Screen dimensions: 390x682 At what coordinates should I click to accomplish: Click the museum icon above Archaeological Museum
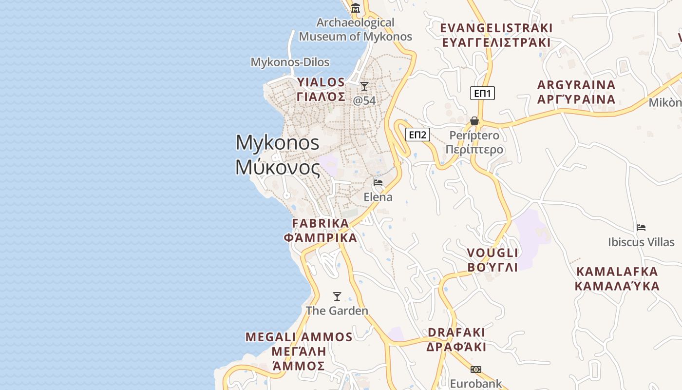pyautogui.click(x=356, y=8)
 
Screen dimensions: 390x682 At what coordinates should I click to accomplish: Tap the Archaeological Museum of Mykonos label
pyautogui.click(x=355, y=30)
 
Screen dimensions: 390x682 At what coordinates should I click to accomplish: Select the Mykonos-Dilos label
pyautogui.click(x=290, y=62)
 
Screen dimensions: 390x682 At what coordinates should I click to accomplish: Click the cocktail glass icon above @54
pyautogui.click(x=364, y=86)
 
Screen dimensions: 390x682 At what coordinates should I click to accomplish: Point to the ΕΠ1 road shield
pyautogui.click(x=482, y=93)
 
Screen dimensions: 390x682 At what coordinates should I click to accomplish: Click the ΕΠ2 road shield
pyautogui.click(x=417, y=135)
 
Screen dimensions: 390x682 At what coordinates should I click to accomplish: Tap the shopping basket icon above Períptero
pyautogui.click(x=474, y=121)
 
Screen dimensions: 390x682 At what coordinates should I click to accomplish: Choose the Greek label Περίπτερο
pyautogui.click(x=474, y=149)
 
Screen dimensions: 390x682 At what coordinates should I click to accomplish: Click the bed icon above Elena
pyautogui.click(x=378, y=183)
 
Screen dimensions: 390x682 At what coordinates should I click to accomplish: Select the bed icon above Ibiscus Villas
pyautogui.click(x=641, y=228)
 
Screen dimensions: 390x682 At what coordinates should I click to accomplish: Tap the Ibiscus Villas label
pyautogui.click(x=641, y=242)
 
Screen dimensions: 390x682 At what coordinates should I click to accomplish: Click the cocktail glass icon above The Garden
pyautogui.click(x=337, y=296)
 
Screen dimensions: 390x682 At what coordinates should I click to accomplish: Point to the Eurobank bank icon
pyautogui.click(x=476, y=370)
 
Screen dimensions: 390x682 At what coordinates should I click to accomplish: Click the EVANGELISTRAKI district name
pyautogui.click(x=496, y=28)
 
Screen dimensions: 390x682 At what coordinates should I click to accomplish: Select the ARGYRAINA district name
pyautogui.click(x=576, y=85)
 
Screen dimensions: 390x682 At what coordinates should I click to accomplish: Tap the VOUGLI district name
pyautogui.click(x=493, y=253)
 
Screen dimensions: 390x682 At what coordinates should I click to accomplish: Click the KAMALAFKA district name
pyautogui.click(x=617, y=272)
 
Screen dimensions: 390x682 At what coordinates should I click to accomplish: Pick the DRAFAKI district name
pyautogui.click(x=456, y=332)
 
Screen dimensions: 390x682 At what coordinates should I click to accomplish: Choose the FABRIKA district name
pyautogui.click(x=321, y=223)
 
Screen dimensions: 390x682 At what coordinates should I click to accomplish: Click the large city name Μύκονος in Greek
pyautogui.click(x=278, y=168)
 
